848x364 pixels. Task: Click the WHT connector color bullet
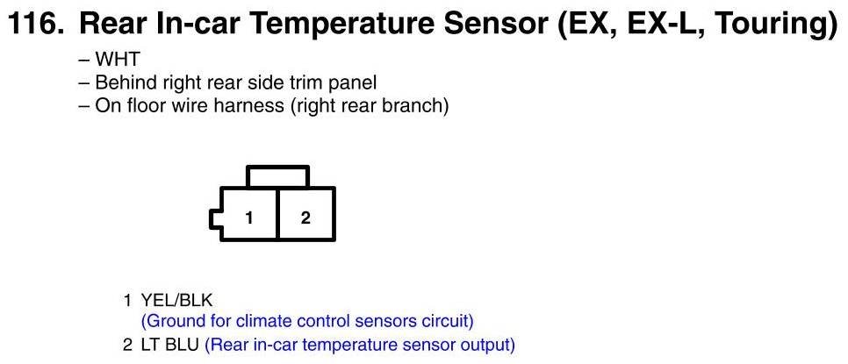coord(109,59)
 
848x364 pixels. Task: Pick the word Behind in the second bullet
coord(125,82)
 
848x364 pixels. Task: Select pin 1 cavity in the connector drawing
coord(248,214)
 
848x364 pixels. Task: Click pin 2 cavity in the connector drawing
coord(305,214)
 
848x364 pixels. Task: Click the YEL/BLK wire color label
coord(176,300)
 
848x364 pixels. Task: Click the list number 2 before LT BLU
coord(127,345)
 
